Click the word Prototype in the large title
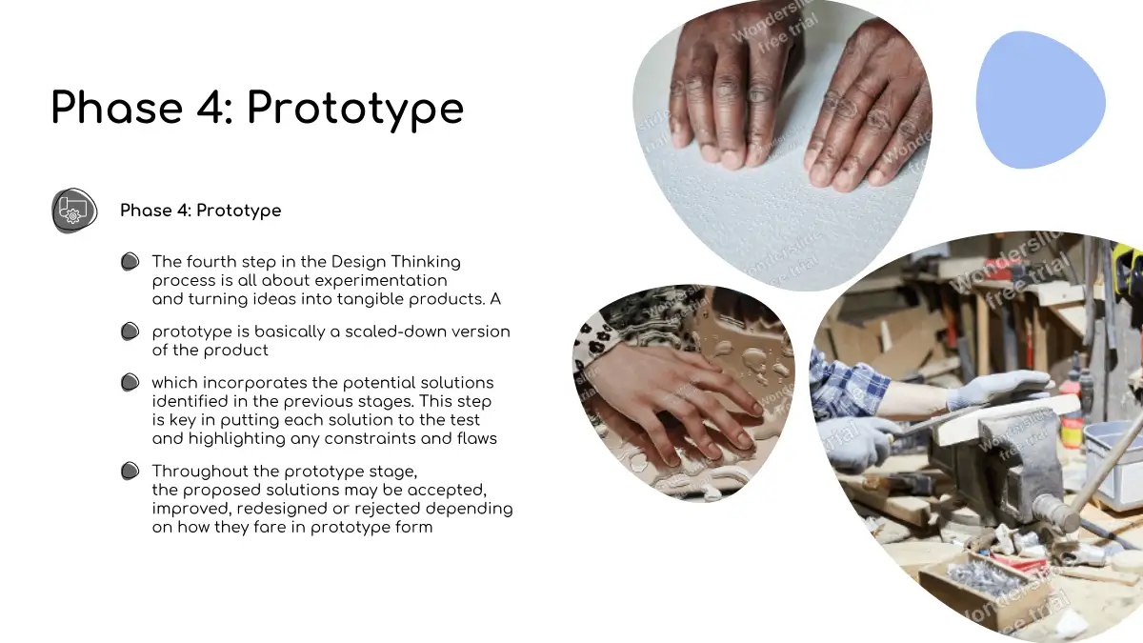pyautogui.click(x=355, y=111)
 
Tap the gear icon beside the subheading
pyautogui.click(x=74, y=211)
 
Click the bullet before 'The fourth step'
pyautogui.click(x=130, y=261)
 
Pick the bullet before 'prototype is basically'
pyautogui.click(x=130, y=332)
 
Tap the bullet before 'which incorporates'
pyautogui.click(x=130, y=382)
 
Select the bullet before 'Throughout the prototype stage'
pyautogui.click(x=130, y=471)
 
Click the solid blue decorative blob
pyautogui.click(x=1040, y=100)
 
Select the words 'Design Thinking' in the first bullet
pyautogui.click(x=396, y=262)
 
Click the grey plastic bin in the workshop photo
pyautogui.click(x=1115, y=465)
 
